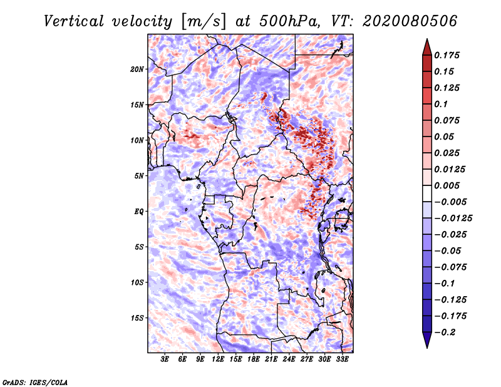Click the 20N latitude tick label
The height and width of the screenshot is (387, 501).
click(x=137, y=70)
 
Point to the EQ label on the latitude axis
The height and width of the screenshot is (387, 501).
click(x=139, y=212)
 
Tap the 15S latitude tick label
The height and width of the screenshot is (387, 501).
click(x=137, y=318)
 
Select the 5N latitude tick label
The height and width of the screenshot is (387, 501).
click(x=139, y=176)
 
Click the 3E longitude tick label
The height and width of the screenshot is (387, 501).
click(x=165, y=359)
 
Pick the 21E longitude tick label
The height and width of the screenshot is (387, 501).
click(x=271, y=359)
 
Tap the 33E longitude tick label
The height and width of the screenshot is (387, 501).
click(x=342, y=359)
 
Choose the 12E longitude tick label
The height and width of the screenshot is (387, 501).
click(x=218, y=359)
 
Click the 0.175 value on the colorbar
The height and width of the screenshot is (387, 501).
click(x=447, y=55)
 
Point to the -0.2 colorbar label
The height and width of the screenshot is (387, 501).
click(x=445, y=333)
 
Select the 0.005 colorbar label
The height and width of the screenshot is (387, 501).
click(x=447, y=185)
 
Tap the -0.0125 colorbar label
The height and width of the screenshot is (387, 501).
click(x=453, y=219)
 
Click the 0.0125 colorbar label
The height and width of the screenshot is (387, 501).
click(x=450, y=169)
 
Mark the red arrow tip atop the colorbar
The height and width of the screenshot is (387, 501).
click(x=427, y=39)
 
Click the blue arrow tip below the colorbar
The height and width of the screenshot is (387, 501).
click(x=427, y=348)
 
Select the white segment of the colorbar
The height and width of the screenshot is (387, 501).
click(x=427, y=194)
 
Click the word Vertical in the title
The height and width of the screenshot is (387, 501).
click(x=74, y=22)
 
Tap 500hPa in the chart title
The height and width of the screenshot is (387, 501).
click(x=289, y=22)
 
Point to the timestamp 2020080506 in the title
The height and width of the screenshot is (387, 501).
click(x=410, y=21)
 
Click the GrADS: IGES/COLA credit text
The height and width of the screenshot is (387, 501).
click(x=35, y=382)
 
